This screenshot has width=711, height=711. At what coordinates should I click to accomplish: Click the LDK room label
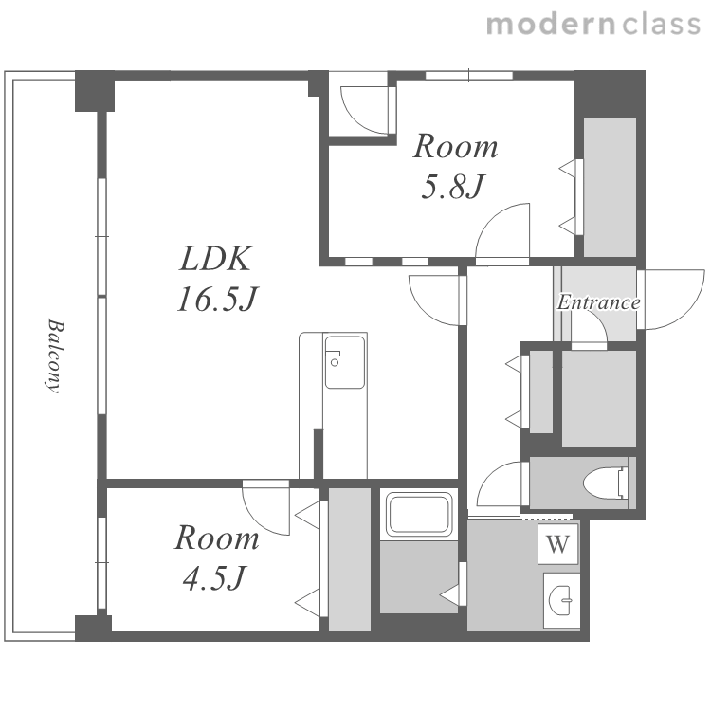coord(215,259)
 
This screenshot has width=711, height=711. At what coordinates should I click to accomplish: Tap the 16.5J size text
coord(217,300)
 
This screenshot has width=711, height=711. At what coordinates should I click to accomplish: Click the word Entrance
coord(598,302)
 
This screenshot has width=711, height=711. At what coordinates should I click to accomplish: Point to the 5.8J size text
coord(453,187)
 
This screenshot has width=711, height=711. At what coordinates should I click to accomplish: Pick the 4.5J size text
coord(214,577)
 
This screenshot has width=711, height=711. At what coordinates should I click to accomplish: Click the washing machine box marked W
coord(557,544)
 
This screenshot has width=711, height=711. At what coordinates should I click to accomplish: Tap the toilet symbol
coord(606,483)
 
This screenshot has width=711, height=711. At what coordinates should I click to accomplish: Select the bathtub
coord(419,515)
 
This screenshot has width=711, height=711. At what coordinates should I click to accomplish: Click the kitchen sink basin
coord(345,362)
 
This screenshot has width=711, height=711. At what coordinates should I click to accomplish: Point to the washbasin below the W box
coord(561,600)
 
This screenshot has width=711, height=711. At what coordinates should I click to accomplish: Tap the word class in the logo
coord(661,25)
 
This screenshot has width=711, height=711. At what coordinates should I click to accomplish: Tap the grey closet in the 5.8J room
coord(610,188)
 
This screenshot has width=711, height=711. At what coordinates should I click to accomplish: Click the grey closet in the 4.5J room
coord(350,559)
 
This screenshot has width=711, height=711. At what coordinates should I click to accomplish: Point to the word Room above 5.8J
coord(455,146)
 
